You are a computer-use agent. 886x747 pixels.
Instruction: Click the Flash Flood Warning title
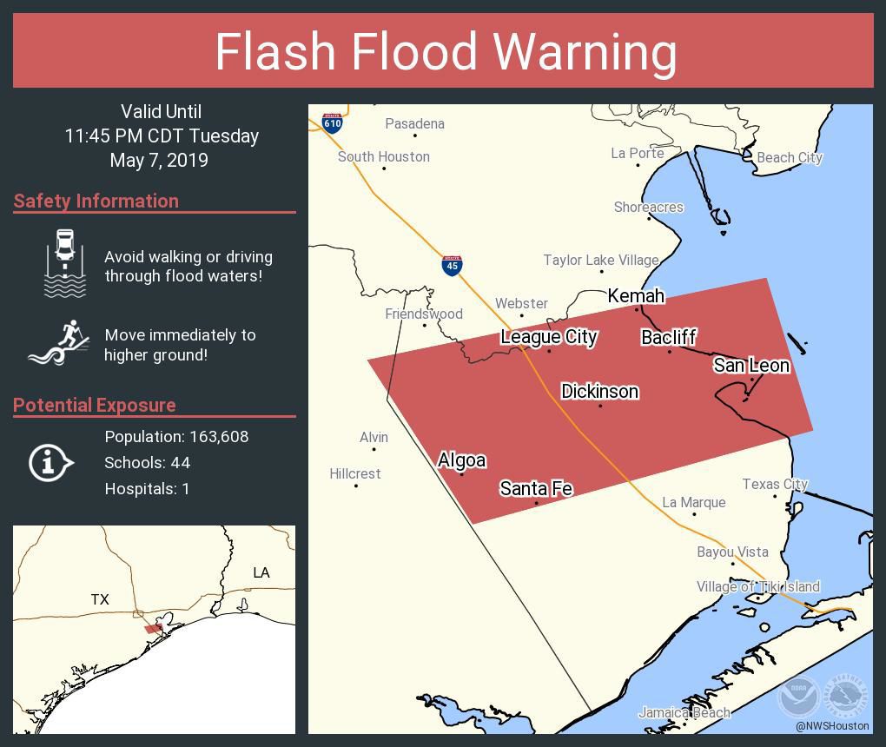click(x=445, y=51)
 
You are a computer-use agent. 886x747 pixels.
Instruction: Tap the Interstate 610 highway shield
click(x=332, y=122)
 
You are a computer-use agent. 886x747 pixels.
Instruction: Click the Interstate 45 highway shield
click(x=451, y=265)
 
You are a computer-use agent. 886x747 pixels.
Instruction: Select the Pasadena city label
click(x=414, y=124)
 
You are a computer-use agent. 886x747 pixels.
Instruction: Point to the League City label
click(x=548, y=337)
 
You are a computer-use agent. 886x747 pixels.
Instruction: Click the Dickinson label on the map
click(x=599, y=392)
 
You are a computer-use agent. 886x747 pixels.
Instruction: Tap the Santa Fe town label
click(x=535, y=489)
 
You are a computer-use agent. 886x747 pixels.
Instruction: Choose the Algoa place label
click(x=461, y=460)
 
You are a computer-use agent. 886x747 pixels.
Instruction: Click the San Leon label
click(x=751, y=366)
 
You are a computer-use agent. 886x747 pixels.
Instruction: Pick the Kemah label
click(x=636, y=296)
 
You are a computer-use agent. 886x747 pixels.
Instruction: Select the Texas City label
click(x=775, y=485)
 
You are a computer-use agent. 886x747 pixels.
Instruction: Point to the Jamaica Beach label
click(x=684, y=713)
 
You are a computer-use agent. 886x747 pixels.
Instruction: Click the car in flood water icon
click(x=65, y=263)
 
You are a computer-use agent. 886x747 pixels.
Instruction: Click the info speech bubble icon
click(x=50, y=463)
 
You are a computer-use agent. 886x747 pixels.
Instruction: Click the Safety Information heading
click(x=96, y=202)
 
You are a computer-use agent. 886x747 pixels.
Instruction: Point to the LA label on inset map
click(x=261, y=572)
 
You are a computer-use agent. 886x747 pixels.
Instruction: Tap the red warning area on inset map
click(x=153, y=628)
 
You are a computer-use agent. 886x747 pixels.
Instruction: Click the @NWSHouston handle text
click(x=831, y=726)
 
